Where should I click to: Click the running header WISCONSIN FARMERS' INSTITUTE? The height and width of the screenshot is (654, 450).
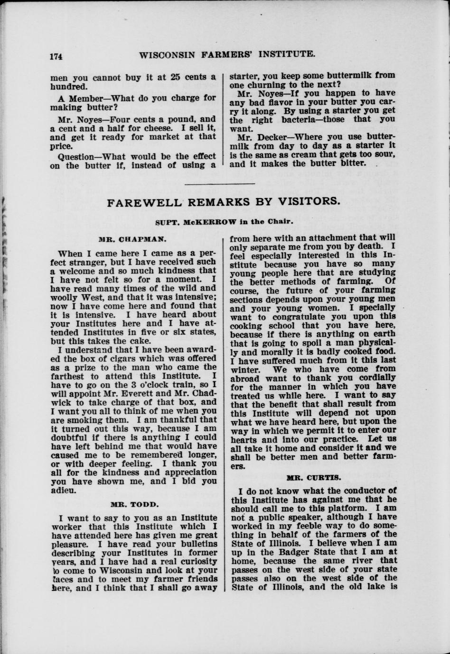(227, 54)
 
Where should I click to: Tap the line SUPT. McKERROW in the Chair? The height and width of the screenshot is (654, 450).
(225, 222)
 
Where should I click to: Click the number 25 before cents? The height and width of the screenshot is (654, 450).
(176, 77)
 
